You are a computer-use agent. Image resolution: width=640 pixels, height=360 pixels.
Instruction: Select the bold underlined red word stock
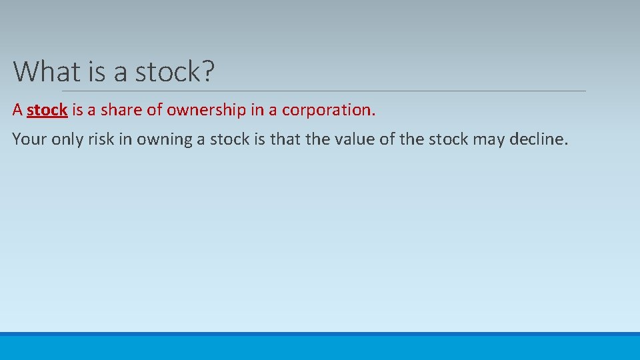(47, 110)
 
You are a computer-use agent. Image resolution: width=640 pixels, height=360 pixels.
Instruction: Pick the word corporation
(329, 110)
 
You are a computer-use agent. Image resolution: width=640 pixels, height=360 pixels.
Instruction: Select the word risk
(101, 139)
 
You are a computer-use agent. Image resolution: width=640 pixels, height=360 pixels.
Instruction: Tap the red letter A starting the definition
(17, 110)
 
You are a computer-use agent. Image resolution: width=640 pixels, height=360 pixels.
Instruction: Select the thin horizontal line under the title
(324, 91)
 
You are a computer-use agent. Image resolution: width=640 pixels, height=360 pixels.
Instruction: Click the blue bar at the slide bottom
(320, 347)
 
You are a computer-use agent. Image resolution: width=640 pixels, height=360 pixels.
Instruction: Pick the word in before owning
(125, 139)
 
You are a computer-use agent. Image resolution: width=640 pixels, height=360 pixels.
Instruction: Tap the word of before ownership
(155, 110)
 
